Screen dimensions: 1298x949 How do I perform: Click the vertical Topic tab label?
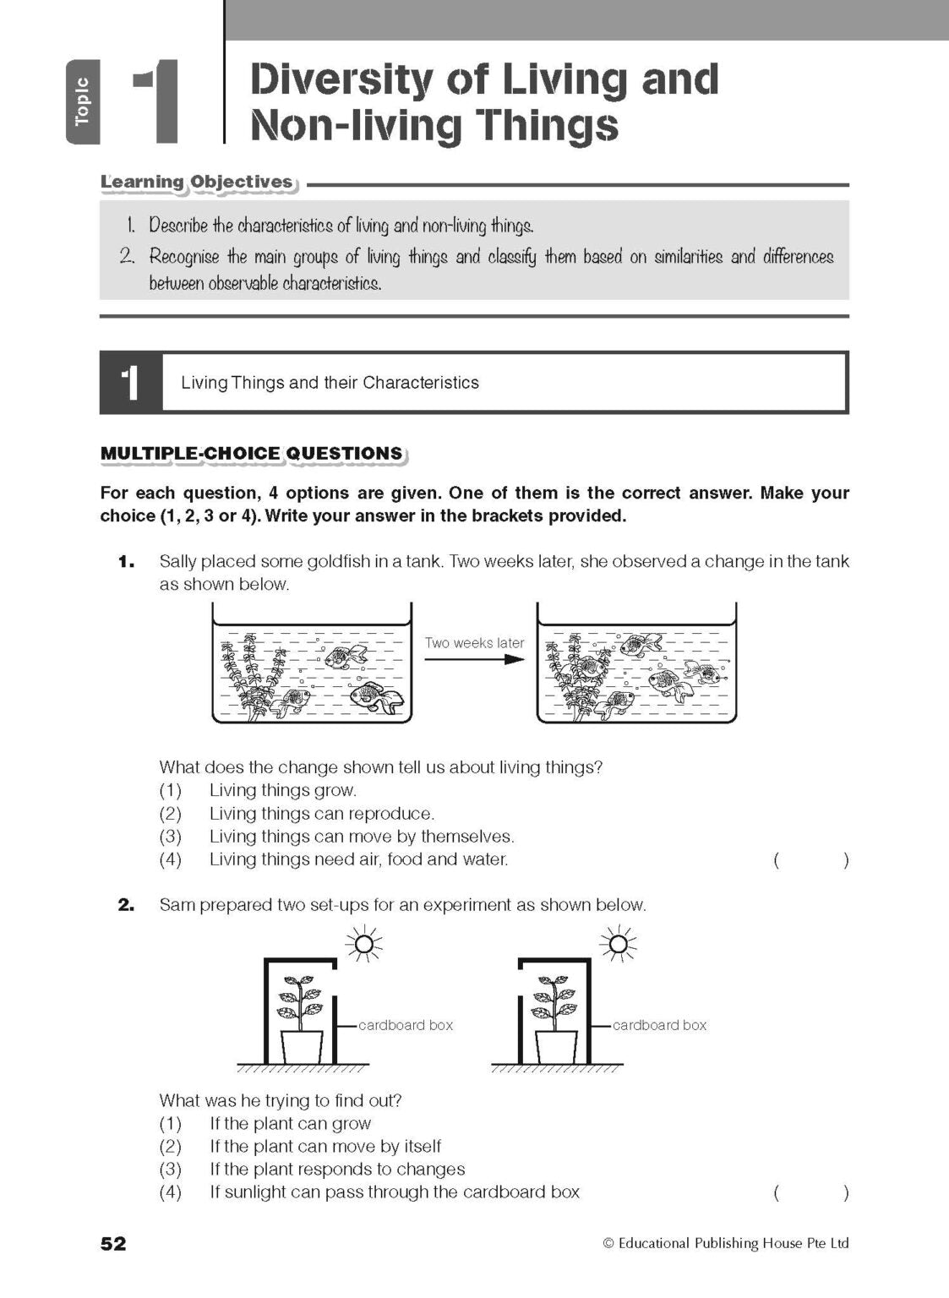82,102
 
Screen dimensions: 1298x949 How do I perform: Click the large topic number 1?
157,101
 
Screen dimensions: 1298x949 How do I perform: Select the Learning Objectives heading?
197,183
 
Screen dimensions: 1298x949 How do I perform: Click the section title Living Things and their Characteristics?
330,383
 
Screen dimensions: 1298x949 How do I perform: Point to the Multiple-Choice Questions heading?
252,454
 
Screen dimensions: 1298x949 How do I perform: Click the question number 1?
126,562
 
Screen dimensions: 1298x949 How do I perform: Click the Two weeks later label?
474,643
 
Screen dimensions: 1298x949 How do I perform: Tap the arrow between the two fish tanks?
474,659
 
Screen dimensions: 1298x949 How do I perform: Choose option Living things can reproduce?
321,814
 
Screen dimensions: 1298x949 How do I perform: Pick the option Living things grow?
282,791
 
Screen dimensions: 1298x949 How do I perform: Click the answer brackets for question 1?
810,861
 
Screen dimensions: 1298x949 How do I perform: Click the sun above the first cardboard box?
365,943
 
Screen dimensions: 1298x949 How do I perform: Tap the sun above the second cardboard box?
619,943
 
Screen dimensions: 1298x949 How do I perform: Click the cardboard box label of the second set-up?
659,1025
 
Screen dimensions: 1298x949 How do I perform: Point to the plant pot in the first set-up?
302,1047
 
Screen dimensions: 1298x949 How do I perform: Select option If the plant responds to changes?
337,1170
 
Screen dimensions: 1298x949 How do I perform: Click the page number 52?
113,1243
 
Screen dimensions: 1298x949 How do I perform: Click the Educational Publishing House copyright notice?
726,1243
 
